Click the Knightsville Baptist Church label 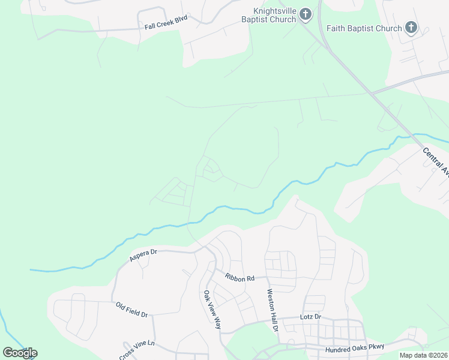point(274,15)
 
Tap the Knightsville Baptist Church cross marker point(305,14)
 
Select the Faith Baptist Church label point(364,28)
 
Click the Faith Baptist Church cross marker point(411,27)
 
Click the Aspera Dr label point(143,255)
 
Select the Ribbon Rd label point(240,278)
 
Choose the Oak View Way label point(212,310)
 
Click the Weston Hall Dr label point(272,310)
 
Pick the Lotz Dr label point(310,316)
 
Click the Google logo point(20,353)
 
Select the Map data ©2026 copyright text point(423,355)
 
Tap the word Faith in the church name point(337,28)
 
